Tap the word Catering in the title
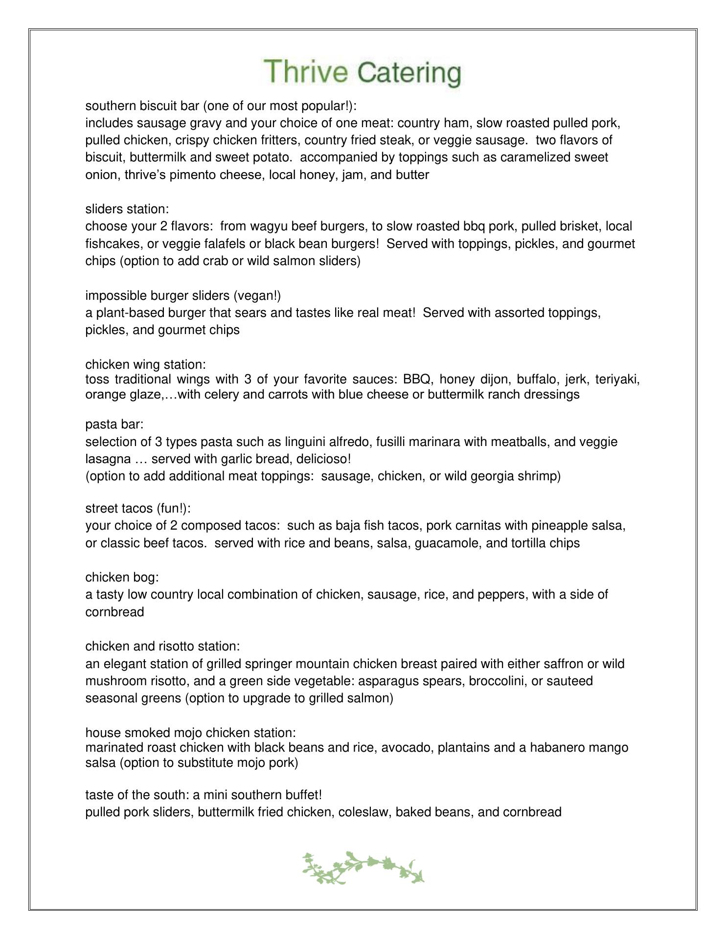pyautogui.click(x=409, y=73)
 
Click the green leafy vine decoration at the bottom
pyautogui.click(x=363, y=868)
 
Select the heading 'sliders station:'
pyautogui.click(x=127, y=209)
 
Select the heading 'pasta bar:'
pyautogui.click(x=114, y=425)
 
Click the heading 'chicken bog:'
pyautogui.click(x=122, y=578)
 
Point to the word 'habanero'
pyautogui.click(x=557, y=748)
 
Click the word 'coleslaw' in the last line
pyautogui.click(x=363, y=812)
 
